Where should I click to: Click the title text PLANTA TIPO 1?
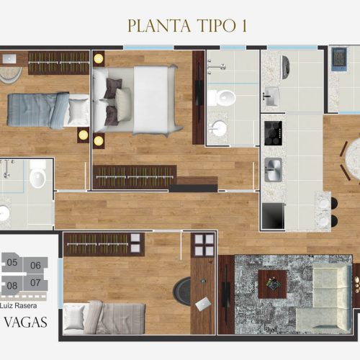[187, 26]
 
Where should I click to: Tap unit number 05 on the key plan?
[12, 262]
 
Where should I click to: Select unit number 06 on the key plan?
[35, 265]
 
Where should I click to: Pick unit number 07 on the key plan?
[35, 282]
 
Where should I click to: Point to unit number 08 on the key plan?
[12, 286]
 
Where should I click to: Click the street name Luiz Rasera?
[19, 305]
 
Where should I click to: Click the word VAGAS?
[26, 323]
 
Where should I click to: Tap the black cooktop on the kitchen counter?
[273, 133]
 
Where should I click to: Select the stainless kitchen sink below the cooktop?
[273, 170]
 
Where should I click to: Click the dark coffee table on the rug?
[272, 284]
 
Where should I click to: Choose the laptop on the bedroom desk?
[203, 304]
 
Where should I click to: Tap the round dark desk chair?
[181, 291]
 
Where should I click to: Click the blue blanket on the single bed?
[38, 110]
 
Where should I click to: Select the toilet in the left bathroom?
[37, 174]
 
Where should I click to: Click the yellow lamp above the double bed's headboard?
[99, 58]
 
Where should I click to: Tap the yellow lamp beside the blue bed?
[84, 135]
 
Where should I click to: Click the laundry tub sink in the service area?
[271, 96]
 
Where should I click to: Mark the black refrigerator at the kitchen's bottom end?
[273, 216]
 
